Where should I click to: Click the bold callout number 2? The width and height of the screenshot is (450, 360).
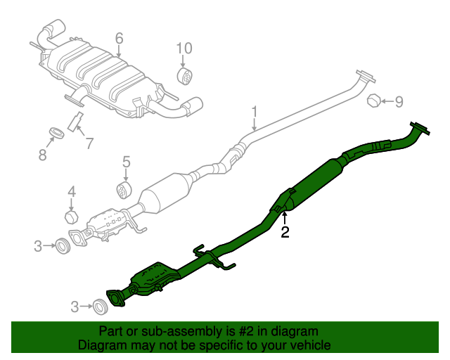[285, 232]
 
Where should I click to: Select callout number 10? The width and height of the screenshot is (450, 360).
[184, 48]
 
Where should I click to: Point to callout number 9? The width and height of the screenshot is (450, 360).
[399, 102]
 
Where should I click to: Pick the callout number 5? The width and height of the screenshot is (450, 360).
[127, 162]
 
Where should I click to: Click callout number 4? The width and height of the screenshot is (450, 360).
[71, 191]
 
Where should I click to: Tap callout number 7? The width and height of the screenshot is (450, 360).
[89, 144]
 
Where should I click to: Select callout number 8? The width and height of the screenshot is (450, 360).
[42, 155]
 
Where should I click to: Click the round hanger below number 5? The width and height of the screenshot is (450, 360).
[124, 190]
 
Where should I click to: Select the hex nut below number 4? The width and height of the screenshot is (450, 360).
[72, 215]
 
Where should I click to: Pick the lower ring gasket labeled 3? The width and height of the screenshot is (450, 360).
[101, 306]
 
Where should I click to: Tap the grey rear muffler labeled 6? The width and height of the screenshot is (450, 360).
[105, 77]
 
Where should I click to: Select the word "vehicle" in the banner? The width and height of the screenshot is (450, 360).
[307, 345]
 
